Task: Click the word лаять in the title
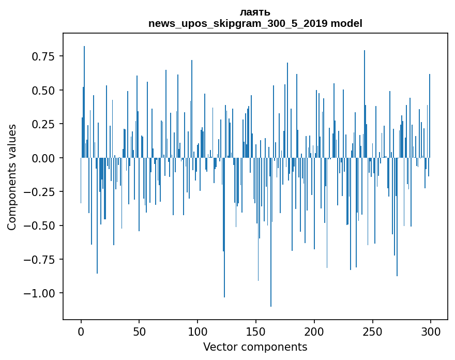tap(255, 12)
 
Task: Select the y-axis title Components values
tap(11, 177)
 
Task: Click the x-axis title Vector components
tap(255, 347)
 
